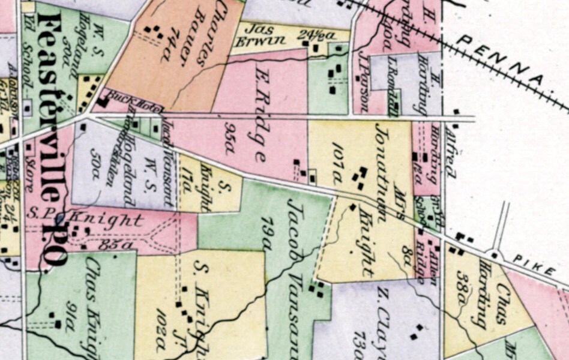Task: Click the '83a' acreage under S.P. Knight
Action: click(x=109, y=244)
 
